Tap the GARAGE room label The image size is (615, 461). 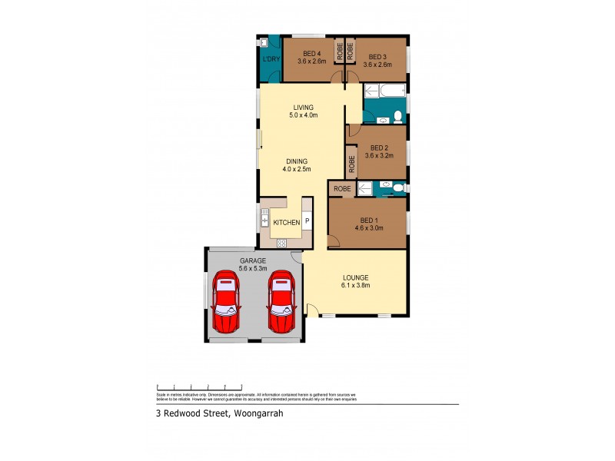(252, 260)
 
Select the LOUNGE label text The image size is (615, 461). (356, 277)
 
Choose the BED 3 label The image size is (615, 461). (377, 56)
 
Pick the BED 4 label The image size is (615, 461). (311, 52)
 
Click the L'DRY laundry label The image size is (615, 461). (270, 60)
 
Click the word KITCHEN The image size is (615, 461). (286, 223)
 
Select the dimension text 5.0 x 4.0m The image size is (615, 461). (302, 115)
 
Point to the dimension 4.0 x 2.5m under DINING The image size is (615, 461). (295, 169)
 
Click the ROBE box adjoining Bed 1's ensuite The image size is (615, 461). (342, 188)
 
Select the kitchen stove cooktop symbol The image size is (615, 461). (281, 243)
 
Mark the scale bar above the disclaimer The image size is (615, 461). (199, 386)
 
